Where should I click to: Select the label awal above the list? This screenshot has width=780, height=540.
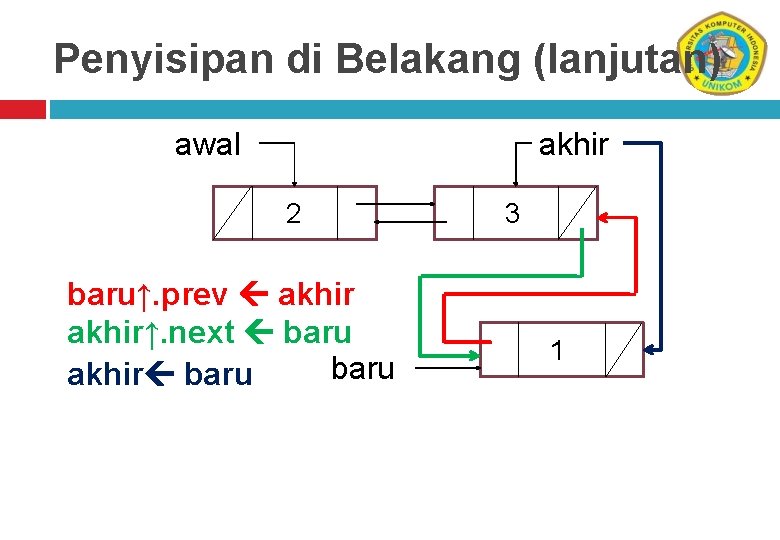tap(208, 145)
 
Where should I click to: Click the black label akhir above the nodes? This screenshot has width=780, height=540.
tap(574, 145)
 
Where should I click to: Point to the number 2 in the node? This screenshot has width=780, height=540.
tap(293, 213)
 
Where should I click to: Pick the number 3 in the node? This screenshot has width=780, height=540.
tap(512, 213)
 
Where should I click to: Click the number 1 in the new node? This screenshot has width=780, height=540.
tap(557, 350)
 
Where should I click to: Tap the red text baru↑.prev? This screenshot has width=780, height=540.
tap(147, 295)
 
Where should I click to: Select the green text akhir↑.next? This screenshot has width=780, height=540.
tap(150, 331)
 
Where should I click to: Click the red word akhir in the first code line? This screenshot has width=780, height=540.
tap(316, 295)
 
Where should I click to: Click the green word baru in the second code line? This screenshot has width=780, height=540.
tap(317, 331)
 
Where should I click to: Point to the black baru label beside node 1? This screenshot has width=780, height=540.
tap(362, 369)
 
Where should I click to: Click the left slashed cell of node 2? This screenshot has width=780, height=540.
tap(233, 213)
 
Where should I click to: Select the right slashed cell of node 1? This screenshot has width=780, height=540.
tap(623, 349)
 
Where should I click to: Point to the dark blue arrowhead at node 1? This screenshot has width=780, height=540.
tap(651, 349)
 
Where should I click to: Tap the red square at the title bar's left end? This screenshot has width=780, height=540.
tap(22, 108)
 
